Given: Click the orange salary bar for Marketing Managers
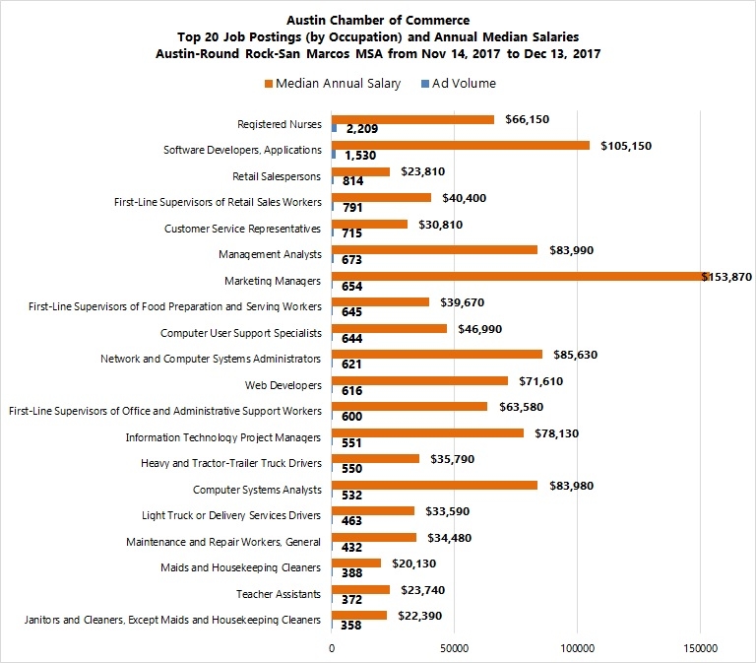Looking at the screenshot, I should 517,277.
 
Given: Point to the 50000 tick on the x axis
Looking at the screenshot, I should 454,648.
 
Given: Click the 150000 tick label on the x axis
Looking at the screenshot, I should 700,648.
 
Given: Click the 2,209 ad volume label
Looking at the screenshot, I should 362,129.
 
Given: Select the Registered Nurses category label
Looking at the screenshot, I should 280,124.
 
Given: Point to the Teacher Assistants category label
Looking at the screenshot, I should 279,593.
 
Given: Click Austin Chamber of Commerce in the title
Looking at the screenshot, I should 378,20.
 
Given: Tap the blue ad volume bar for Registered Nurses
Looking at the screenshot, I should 335,129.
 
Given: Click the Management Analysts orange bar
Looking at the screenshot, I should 434,250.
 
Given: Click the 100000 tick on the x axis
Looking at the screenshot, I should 577,648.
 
